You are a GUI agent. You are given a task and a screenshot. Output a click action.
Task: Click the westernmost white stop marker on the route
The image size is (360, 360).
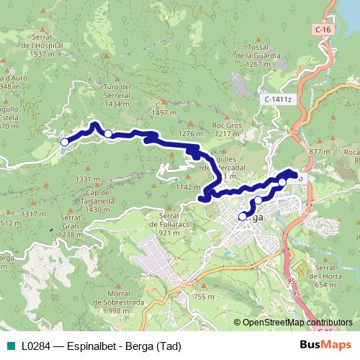tap(64, 143)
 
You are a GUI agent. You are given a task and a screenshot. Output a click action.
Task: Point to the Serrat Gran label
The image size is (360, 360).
tap(70, 225)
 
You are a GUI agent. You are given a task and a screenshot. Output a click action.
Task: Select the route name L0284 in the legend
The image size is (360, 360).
tap(35, 346)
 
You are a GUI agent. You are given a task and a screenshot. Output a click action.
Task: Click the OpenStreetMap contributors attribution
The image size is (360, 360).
tap(292, 323)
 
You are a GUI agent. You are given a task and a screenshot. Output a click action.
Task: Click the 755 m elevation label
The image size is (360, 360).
tap(204, 297)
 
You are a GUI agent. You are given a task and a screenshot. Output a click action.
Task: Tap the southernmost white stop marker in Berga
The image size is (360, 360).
tap(242, 215)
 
